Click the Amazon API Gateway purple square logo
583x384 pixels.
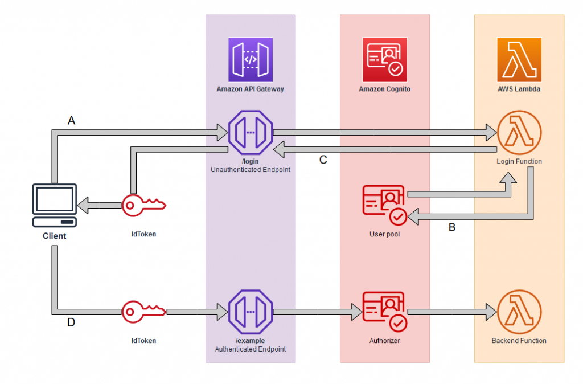point(251,59)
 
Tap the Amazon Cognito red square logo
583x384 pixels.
point(385,59)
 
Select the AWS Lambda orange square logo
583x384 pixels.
point(519,59)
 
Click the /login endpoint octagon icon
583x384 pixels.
point(251,134)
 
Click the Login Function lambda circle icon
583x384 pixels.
point(519,134)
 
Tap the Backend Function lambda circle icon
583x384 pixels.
point(519,312)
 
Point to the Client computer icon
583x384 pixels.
point(54,205)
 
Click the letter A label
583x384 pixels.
point(71,120)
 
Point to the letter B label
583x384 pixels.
point(452,228)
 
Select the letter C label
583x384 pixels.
point(323,160)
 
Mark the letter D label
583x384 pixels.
point(71,323)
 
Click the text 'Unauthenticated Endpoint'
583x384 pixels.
point(251,170)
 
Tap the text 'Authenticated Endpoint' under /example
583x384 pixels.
point(251,349)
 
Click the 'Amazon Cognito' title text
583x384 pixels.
point(385,89)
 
